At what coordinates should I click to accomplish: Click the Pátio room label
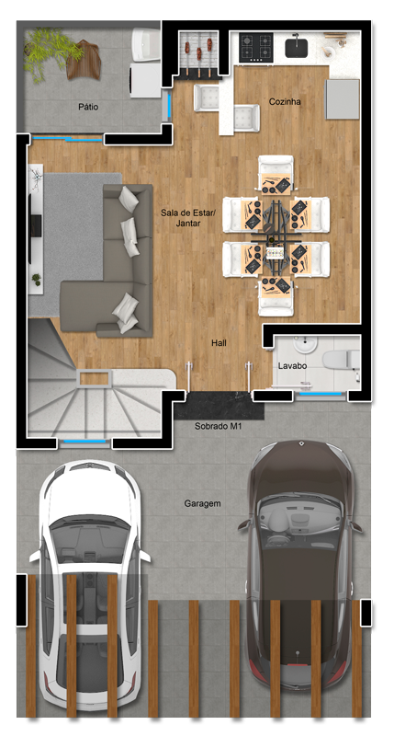88,107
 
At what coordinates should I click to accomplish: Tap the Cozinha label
285,101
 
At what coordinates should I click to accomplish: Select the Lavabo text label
292,365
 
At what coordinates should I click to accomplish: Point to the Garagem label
202,503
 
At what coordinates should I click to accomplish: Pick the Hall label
219,343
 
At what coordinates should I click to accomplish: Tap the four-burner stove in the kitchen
256,47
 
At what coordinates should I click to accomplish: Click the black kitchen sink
296,48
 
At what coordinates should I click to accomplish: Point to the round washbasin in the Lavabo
306,344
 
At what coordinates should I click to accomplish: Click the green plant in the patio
51,52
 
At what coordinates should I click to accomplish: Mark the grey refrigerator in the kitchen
343,99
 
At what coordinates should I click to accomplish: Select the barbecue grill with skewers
199,52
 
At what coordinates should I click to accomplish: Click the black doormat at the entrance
219,406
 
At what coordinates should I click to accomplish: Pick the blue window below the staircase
84,442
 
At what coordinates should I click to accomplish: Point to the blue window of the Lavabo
321,394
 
